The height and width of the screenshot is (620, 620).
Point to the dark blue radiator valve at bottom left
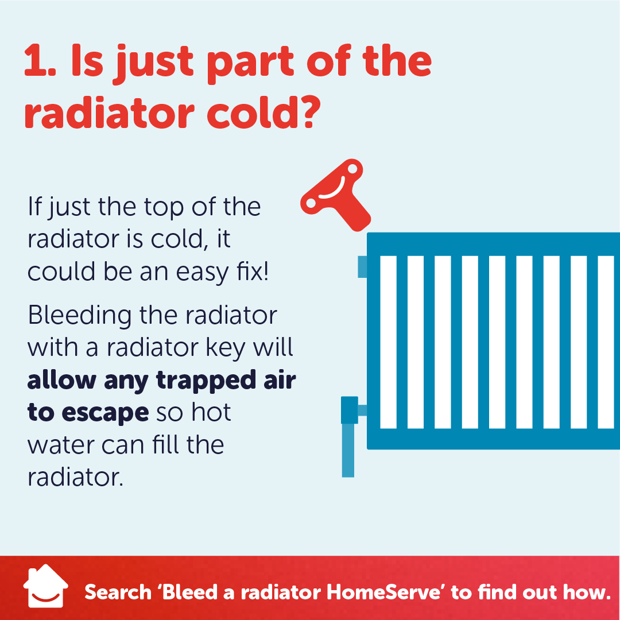349,410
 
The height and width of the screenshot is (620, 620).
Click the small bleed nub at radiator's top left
362,266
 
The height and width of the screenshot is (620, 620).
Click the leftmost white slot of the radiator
389,342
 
